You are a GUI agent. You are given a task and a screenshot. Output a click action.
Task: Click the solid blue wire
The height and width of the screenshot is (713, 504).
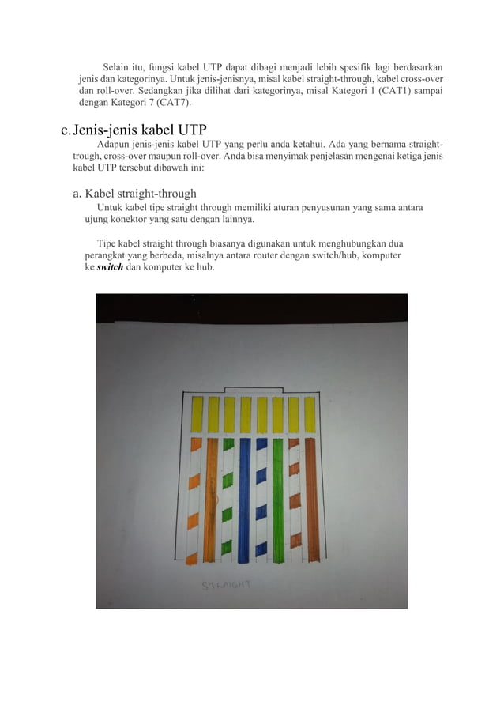(244, 498)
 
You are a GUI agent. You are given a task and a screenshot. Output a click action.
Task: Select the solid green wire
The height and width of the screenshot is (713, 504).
(277, 498)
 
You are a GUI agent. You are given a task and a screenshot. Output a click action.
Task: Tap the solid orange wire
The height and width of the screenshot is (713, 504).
(211, 498)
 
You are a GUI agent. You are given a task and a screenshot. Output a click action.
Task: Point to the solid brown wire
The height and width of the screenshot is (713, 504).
(311, 498)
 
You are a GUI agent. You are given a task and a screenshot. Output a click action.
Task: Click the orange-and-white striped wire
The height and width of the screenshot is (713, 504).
(194, 498)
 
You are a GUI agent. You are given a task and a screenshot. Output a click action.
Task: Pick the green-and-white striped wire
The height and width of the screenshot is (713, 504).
(228, 498)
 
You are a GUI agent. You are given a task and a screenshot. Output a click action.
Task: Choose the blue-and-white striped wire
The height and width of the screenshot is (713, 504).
(261, 498)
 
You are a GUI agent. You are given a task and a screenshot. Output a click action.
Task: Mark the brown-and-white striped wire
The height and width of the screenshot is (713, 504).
(295, 498)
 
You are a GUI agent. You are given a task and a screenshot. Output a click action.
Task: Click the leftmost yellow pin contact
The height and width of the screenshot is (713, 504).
(197, 410)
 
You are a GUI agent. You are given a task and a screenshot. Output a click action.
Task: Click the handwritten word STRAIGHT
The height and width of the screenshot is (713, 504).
(226, 585)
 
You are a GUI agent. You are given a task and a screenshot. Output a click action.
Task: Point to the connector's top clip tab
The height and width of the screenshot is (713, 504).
(253, 388)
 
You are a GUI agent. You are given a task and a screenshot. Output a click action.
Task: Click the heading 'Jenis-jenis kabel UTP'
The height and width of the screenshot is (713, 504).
(135, 130)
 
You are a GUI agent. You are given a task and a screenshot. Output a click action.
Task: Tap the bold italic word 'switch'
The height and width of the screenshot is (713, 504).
(109, 268)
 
